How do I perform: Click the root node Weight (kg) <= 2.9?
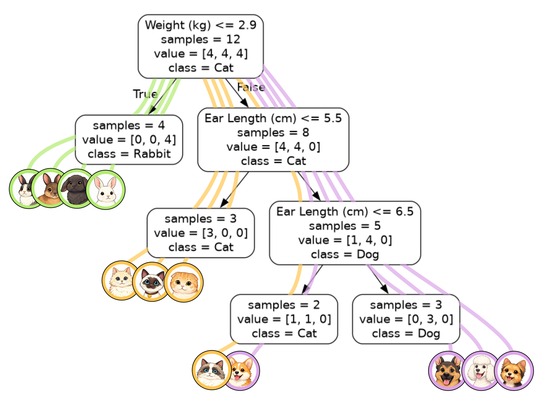(200, 46)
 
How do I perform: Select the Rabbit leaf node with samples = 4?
(129, 140)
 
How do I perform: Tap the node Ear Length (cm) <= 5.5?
(273, 140)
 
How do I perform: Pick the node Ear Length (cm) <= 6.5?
(345, 233)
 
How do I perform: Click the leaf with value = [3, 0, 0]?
(201, 233)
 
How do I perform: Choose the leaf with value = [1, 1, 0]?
(284, 319)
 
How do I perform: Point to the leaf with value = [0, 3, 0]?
(406, 319)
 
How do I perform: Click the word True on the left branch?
(145, 94)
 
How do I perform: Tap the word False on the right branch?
(251, 87)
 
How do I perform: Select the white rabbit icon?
(105, 190)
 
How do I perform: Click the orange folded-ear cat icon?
(184, 283)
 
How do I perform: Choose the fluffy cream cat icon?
(121, 281)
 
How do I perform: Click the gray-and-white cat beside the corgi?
(211, 370)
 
